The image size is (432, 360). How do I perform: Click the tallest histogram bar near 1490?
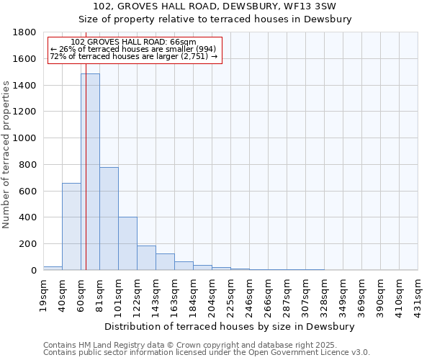(90, 173)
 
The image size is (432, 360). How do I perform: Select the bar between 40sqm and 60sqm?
(71, 227)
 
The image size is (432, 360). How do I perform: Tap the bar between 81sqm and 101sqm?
(109, 219)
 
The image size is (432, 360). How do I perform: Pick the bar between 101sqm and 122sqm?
(127, 243)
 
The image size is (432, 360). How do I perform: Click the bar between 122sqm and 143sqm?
(146, 258)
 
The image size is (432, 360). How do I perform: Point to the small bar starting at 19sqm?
(53, 268)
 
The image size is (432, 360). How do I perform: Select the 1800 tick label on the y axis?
(25, 32)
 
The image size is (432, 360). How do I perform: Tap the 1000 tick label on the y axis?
(25, 138)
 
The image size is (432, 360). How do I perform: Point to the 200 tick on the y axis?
(28, 244)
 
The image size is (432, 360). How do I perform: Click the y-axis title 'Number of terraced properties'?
(6, 155)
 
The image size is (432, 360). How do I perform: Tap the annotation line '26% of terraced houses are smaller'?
(133, 49)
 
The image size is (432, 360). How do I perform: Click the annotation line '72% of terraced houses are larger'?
(133, 56)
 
